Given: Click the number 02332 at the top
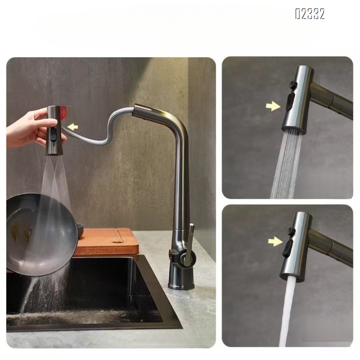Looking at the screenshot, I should click(310, 14).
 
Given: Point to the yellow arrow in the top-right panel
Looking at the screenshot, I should click(272, 106).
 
